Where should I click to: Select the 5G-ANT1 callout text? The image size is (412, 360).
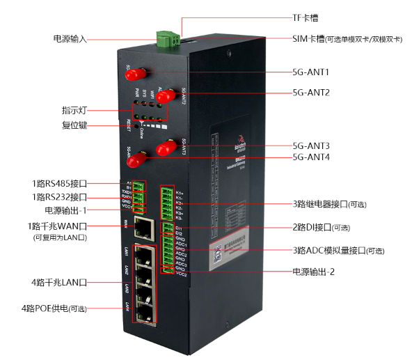pos(311,71)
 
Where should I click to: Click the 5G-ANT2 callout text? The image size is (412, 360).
pos(311,92)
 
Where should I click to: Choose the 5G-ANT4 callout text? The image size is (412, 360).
pos(311,157)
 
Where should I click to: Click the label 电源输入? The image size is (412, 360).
pos(70,38)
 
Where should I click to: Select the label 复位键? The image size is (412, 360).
pos(74,125)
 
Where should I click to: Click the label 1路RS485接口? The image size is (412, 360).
pos(58,184)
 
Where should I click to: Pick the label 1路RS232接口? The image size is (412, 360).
pos(58,197)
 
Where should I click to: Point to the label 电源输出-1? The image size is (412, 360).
pos(65,210)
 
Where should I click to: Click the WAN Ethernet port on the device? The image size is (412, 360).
pos(144,226)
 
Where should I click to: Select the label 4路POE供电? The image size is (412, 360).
pos(54,307)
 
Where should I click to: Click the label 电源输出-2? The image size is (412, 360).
pos(313,272)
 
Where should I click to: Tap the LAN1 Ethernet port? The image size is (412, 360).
pos(144,254)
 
